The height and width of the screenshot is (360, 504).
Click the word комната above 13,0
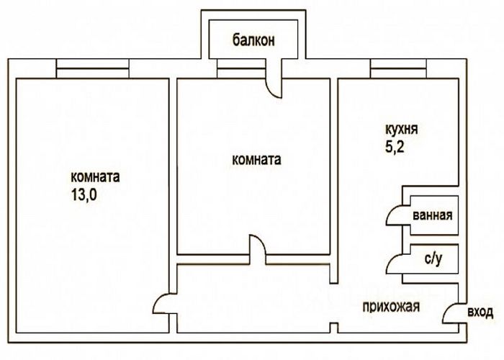(95, 176)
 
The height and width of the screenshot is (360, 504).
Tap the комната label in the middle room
(256, 160)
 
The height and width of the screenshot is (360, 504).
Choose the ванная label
(432, 215)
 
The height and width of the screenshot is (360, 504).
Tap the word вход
(480, 312)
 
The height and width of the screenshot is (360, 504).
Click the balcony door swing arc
(274, 84)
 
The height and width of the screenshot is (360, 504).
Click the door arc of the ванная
(395, 214)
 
